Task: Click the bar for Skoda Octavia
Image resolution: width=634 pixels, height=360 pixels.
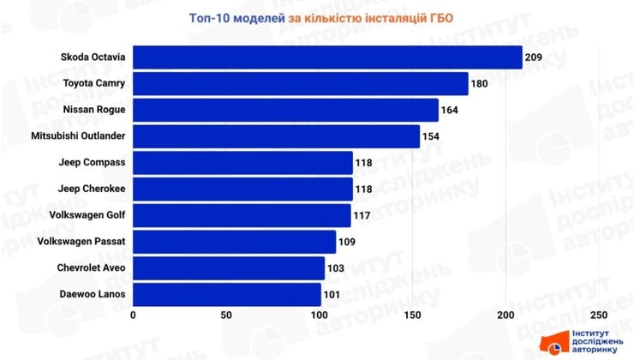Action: tap(327, 57)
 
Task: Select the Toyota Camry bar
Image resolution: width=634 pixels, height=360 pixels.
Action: tap(301, 84)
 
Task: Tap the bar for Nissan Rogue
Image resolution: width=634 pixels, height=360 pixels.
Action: tap(285, 110)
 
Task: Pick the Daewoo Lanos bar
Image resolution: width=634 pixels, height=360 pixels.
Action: tap(227, 295)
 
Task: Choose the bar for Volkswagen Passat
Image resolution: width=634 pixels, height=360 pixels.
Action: tap(235, 243)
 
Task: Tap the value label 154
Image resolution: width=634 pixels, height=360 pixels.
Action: tap(433, 136)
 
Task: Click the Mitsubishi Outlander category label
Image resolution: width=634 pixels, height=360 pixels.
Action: tap(78, 136)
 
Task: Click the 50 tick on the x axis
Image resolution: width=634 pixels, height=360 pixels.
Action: tap(226, 315)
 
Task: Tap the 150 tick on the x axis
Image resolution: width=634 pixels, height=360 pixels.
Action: tap(413, 315)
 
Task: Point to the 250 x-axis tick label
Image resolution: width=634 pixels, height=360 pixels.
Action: tap(599, 315)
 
